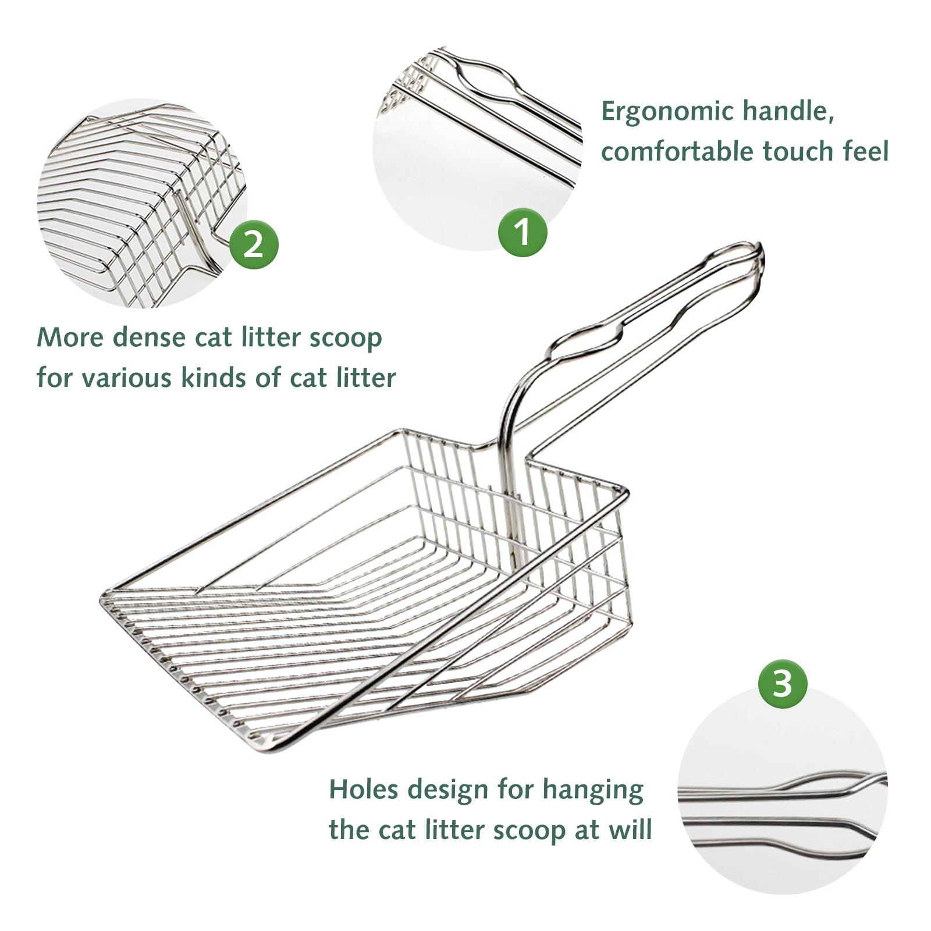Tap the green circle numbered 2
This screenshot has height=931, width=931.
(254, 245)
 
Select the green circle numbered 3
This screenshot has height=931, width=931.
(783, 684)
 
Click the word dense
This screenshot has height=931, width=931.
(148, 337)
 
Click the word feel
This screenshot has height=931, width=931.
(866, 151)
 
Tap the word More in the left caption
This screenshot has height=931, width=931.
(70, 337)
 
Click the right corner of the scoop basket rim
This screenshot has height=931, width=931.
(626, 492)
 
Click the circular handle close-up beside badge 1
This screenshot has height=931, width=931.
(477, 148)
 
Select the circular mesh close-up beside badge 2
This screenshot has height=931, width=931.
(143, 204)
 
